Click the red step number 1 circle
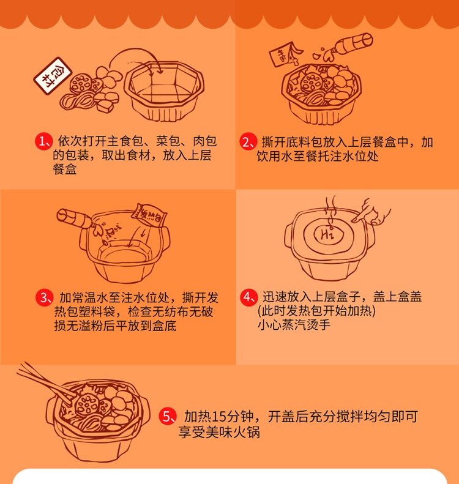pyautogui.click(x=43, y=141)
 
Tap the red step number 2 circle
pyautogui.click(x=247, y=141)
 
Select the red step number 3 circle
pyautogui.click(x=45, y=298)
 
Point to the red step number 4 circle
pyautogui.click(x=247, y=297)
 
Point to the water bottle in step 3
pyautogui.click(x=75, y=217)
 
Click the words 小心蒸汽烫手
pyautogui.click(x=294, y=324)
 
